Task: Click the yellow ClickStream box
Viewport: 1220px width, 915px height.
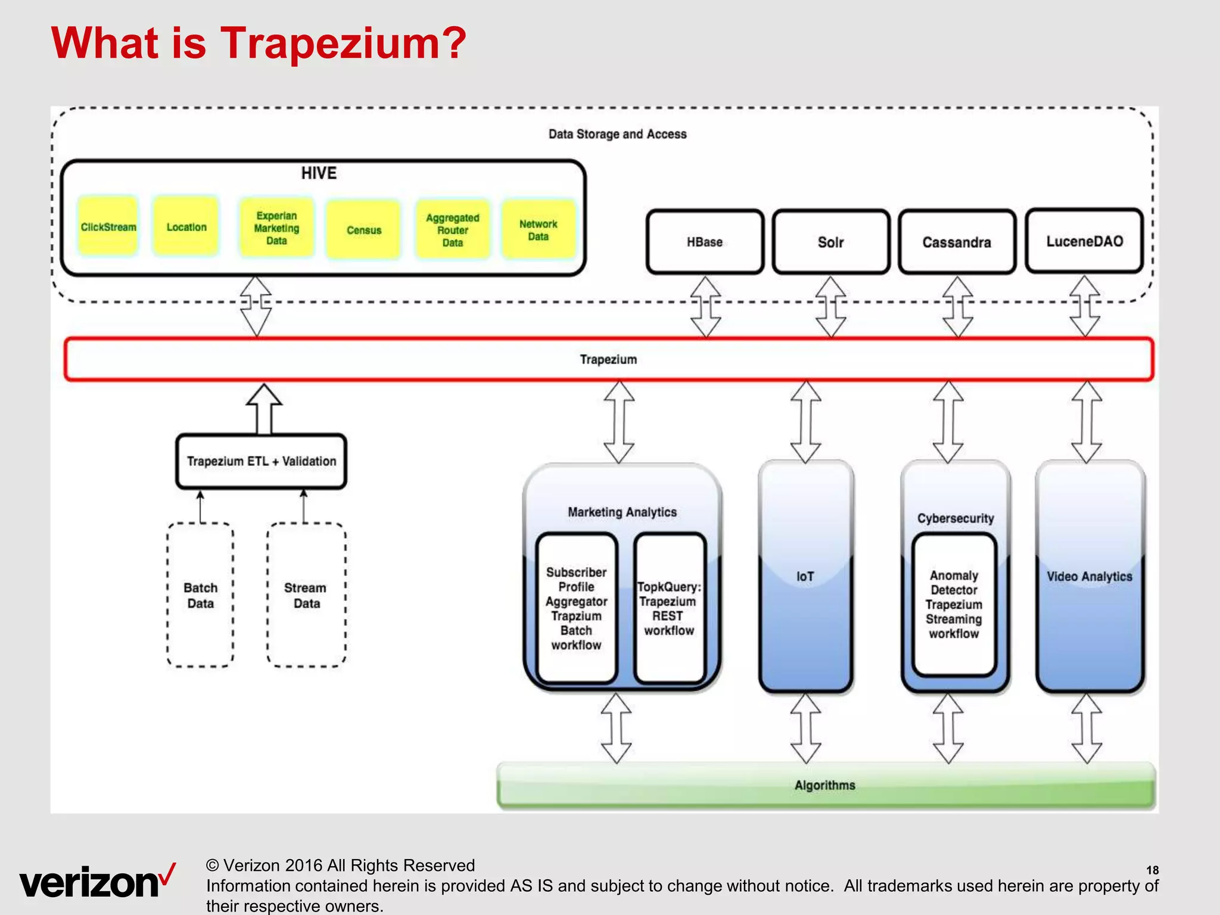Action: tap(108, 227)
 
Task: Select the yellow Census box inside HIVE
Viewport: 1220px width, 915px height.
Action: tap(363, 230)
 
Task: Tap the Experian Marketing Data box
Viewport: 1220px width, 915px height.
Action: tap(276, 228)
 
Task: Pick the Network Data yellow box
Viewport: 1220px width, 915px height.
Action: tap(538, 230)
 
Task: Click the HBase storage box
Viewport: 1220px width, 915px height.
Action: tap(705, 242)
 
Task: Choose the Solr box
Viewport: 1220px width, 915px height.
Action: tap(831, 242)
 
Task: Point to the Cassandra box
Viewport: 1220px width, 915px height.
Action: tap(957, 242)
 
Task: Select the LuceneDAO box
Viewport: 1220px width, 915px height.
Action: tap(1084, 241)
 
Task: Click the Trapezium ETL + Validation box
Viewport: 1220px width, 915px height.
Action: tap(261, 461)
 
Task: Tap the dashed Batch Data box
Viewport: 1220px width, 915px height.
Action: tap(200, 595)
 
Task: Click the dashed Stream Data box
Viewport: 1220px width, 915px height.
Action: tap(306, 595)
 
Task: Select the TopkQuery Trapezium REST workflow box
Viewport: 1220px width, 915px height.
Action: tap(669, 608)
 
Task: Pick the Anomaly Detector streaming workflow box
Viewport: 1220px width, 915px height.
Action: tap(954, 604)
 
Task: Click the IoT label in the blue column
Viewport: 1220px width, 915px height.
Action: tap(805, 576)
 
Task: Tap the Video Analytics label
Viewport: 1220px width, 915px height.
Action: tap(1089, 576)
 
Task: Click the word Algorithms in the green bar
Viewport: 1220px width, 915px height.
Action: tap(824, 785)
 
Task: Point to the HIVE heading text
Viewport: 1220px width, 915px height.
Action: tap(319, 173)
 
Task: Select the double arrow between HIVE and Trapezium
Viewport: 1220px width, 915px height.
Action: tap(256, 306)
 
